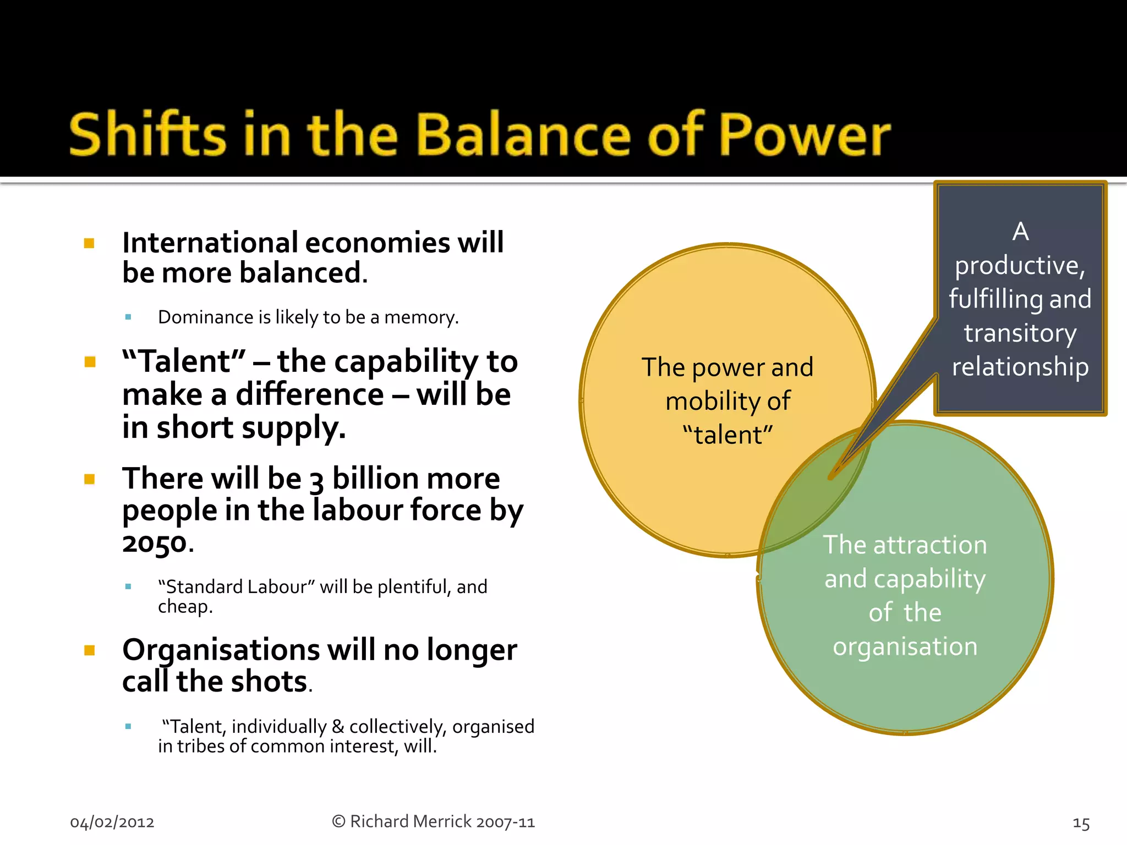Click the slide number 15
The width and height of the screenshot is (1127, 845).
pyautogui.click(x=1081, y=824)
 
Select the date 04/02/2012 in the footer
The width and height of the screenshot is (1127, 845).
pyautogui.click(x=112, y=822)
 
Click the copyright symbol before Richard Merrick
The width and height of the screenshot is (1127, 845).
pyautogui.click(x=338, y=821)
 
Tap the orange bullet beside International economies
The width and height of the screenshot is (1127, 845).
pyautogui.click(x=89, y=243)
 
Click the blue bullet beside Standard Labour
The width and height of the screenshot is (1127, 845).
pyautogui.click(x=128, y=587)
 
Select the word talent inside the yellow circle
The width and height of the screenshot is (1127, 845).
pyautogui.click(x=727, y=435)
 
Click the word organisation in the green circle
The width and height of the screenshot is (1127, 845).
pyautogui.click(x=905, y=646)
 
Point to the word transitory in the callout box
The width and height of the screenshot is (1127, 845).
pyautogui.click(x=1020, y=333)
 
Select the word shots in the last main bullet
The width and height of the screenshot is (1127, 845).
pyautogui.click(x=269, y=682)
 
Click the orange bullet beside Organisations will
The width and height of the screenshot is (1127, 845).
pyautogui.click(x=89, y=650)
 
